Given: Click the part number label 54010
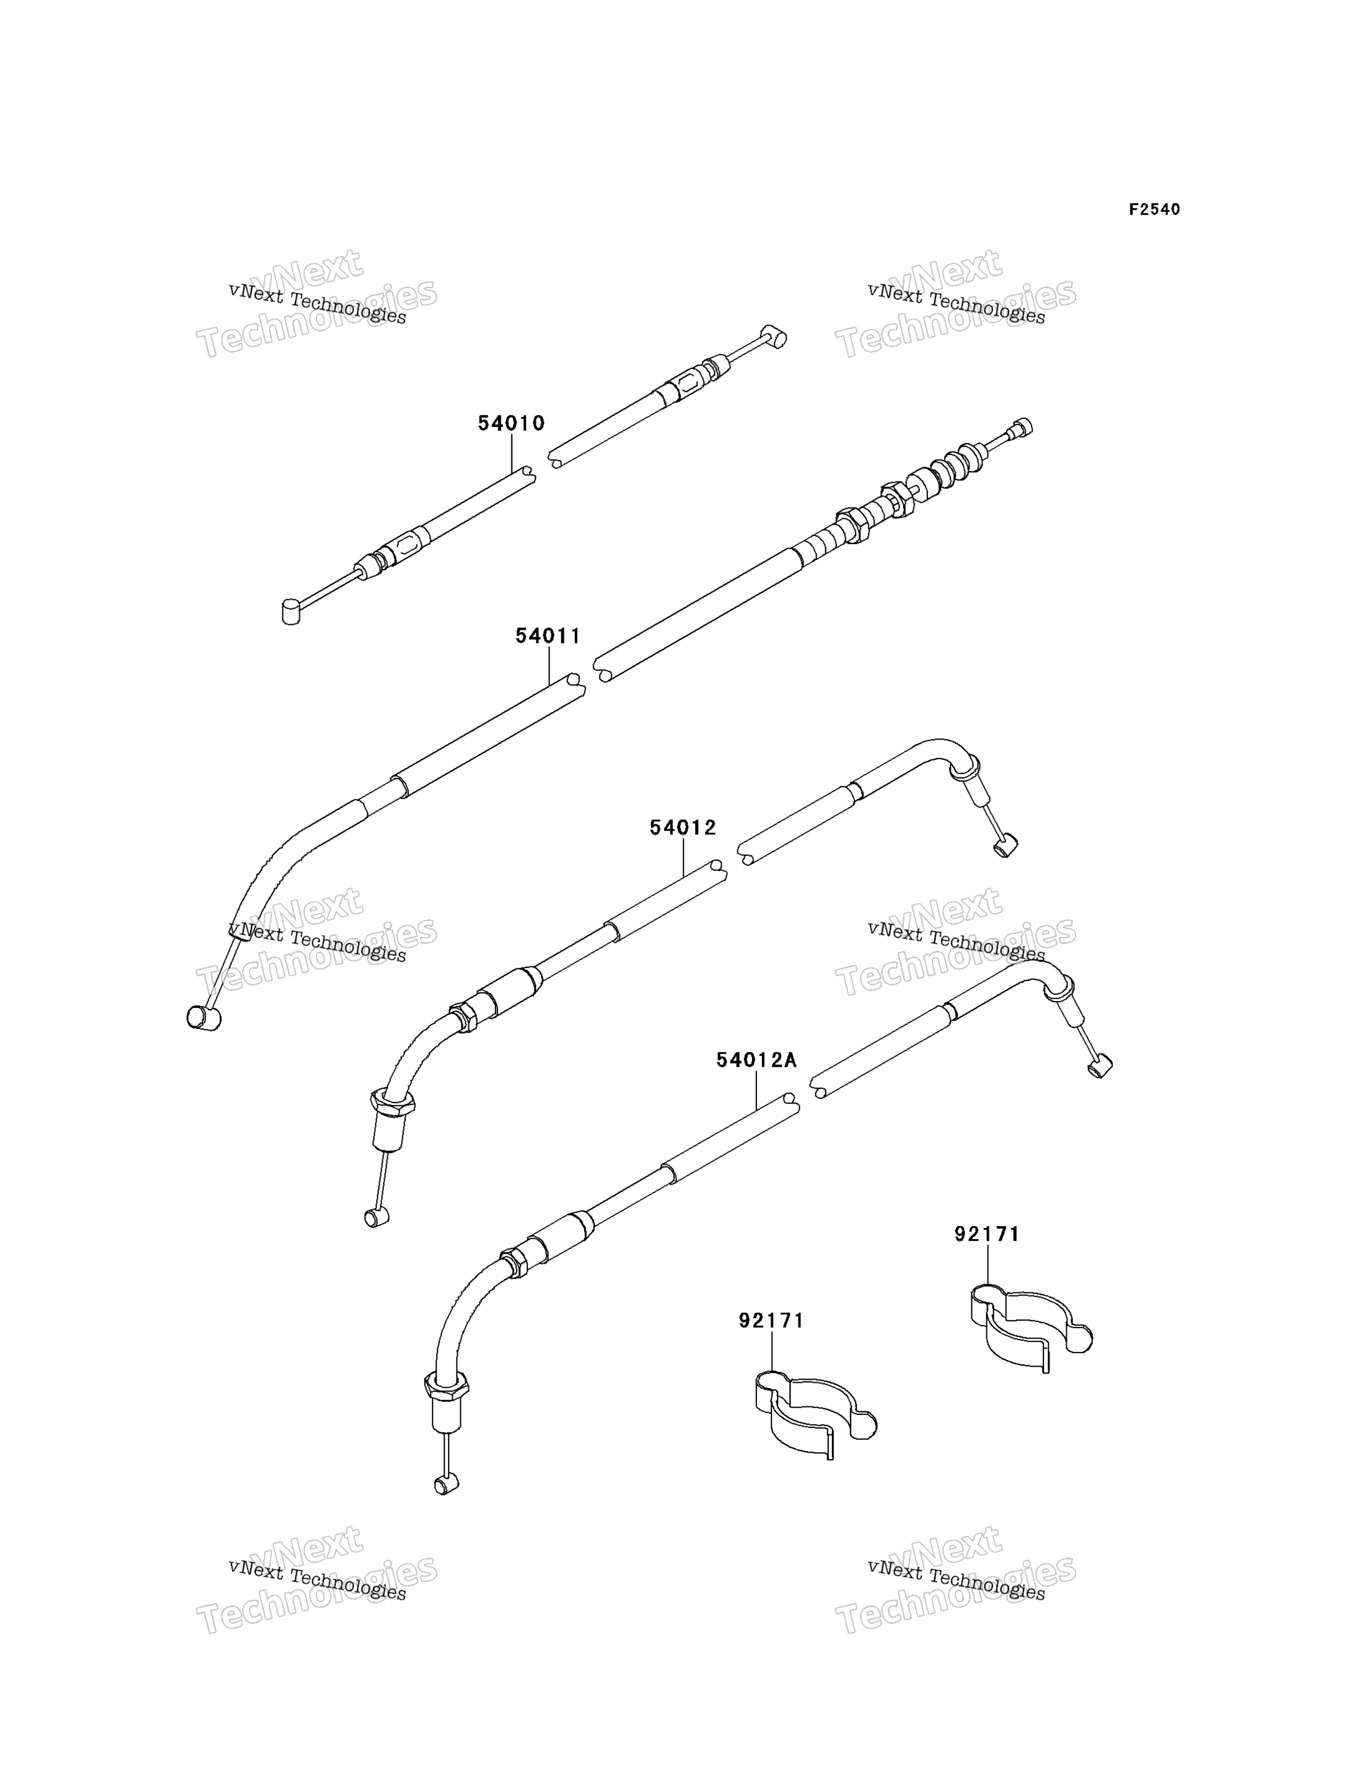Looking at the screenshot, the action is (511, 423).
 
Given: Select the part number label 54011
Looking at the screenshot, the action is (548, 637).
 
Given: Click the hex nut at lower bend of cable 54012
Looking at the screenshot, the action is (393, 1101).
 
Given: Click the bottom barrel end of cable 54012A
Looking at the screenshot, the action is (446, 1483).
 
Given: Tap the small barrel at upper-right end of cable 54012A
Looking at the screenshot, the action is (1100, 1068).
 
